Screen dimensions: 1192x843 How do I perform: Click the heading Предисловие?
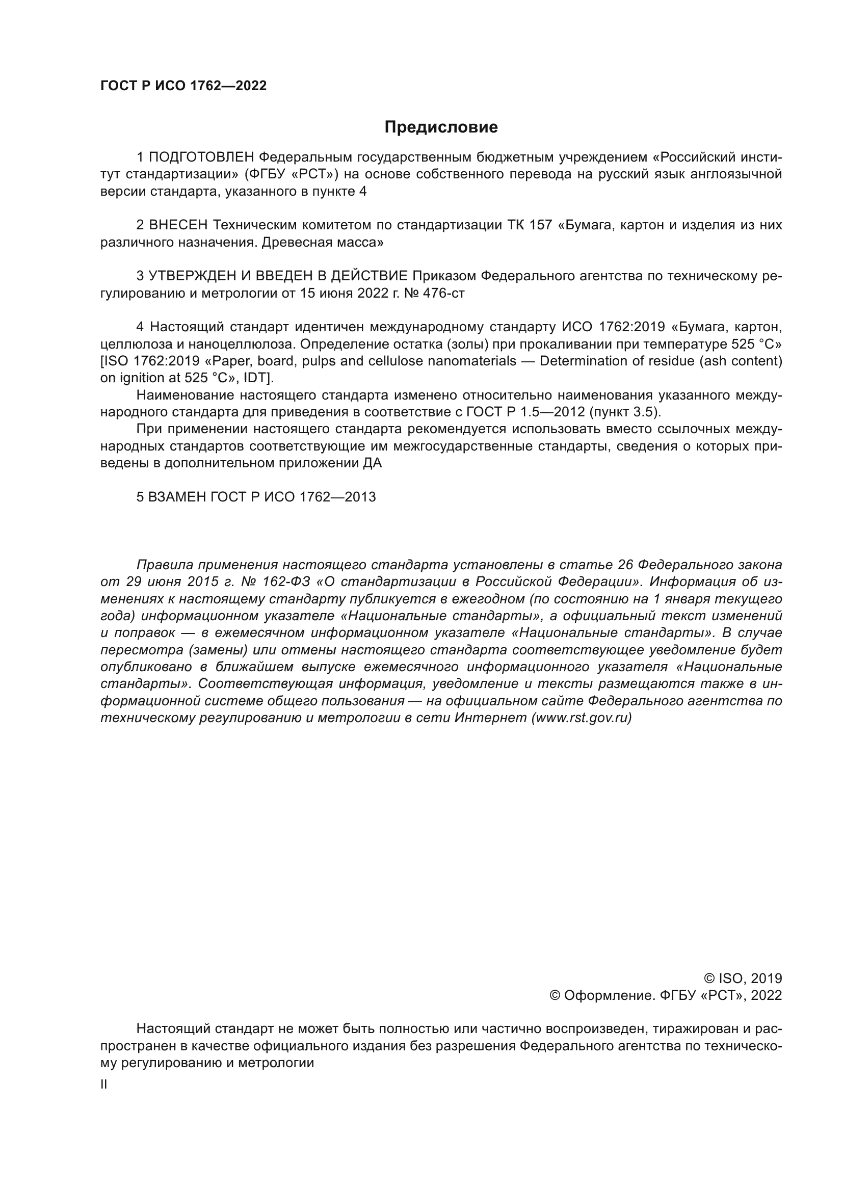coord(441,127)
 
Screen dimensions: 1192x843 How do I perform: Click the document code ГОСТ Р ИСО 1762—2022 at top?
coord(183,86)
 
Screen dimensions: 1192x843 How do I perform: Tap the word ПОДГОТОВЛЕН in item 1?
coord(201,157)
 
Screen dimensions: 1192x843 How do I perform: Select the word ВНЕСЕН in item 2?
coord(178,225)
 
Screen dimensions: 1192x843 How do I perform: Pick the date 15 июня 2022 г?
coord(344,294)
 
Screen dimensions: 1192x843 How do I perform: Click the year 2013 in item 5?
coord(360,497)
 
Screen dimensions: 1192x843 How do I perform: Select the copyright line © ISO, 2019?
coord(743,978)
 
